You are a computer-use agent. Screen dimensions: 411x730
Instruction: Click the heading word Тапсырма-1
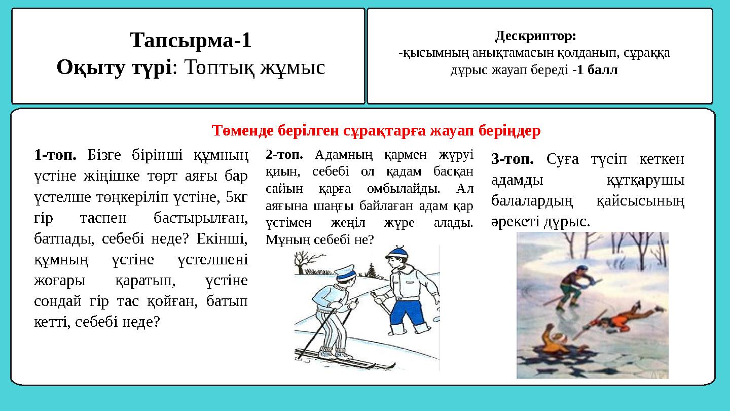[191, 40]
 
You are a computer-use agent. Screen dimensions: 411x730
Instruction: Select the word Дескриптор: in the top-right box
[535, 37]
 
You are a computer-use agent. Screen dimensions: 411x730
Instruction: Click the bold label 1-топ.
[55, 154]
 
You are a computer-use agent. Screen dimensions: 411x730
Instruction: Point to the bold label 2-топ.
[284, 154]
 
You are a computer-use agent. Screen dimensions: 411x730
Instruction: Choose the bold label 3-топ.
[513, 160]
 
